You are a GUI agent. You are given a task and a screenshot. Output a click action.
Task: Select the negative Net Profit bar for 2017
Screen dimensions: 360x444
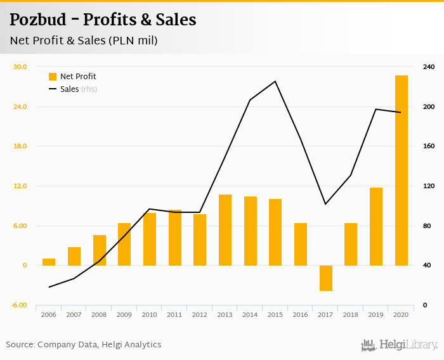[326, 278]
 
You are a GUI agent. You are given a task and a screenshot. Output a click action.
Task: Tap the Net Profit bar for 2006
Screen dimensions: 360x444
[49, 262]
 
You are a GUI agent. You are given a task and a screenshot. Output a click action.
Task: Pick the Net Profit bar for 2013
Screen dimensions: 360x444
[225, 230]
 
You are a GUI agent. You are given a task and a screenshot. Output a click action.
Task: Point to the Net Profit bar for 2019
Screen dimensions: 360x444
[376, 226]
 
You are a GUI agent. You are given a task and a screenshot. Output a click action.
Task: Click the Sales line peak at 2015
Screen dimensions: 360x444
[275, 81]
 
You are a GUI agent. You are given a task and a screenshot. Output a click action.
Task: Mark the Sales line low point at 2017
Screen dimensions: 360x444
[325, 204]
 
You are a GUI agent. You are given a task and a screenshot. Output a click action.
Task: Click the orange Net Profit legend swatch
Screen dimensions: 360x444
[53, 77]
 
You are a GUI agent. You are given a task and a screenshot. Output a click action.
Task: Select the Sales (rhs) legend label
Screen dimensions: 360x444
[79, 89]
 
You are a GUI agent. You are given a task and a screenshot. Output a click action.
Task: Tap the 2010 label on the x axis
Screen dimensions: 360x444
[150, 314]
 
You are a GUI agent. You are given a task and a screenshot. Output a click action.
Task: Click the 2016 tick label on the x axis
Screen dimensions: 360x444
[301, 314]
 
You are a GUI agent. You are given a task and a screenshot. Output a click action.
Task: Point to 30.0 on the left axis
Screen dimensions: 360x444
[20, 67]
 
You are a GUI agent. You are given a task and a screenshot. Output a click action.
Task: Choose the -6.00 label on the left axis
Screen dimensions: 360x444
[20, 305]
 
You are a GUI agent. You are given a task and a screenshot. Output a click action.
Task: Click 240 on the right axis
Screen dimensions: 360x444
[429, 67]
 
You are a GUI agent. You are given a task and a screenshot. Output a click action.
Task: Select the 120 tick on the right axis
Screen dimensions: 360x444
[429, 186]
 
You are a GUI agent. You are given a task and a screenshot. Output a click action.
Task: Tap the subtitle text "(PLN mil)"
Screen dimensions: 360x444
[133, 41]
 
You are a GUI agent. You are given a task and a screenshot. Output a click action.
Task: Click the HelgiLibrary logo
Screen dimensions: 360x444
[400, 345]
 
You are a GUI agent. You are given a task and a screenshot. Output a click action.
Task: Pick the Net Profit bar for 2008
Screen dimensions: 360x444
[100, 250]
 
